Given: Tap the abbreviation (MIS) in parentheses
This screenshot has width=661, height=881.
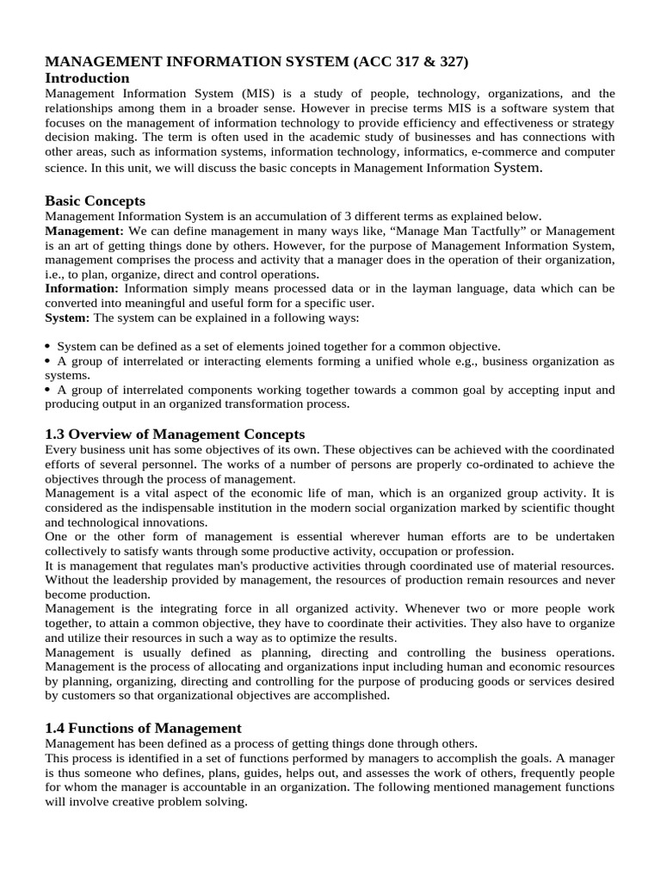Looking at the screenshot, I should (x=258, y=93).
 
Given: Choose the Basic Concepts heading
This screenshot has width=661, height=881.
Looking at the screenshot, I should (x=95, y=200).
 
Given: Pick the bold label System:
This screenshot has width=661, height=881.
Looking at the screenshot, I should (x=66, y=317).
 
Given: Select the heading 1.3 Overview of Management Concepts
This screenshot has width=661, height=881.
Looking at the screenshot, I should (x=175, y=434).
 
